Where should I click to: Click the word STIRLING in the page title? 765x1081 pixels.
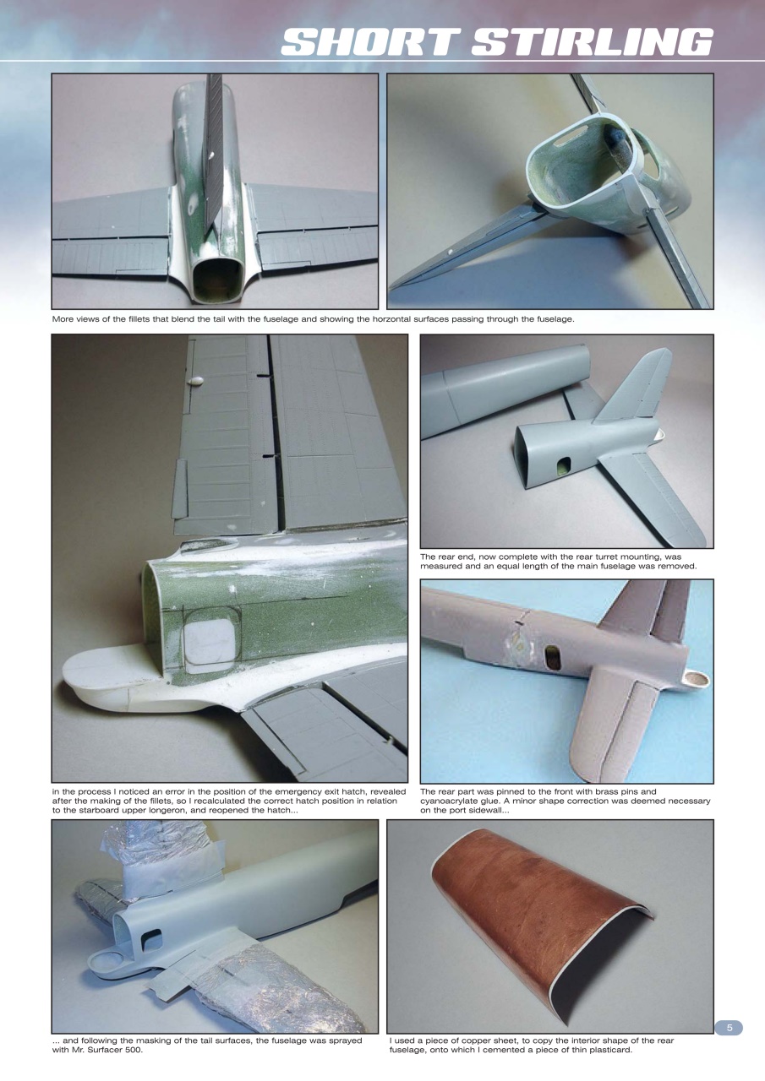[592, 42]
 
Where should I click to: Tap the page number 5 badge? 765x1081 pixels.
[729, 1028]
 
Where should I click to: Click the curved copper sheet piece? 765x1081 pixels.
[541, 912]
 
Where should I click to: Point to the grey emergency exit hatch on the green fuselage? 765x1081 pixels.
[208, 642]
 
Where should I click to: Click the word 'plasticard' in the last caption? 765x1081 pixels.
[608, 1050]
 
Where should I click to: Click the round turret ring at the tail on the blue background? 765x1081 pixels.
[697, 677]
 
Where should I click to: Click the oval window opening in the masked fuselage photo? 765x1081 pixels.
[153, 939]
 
